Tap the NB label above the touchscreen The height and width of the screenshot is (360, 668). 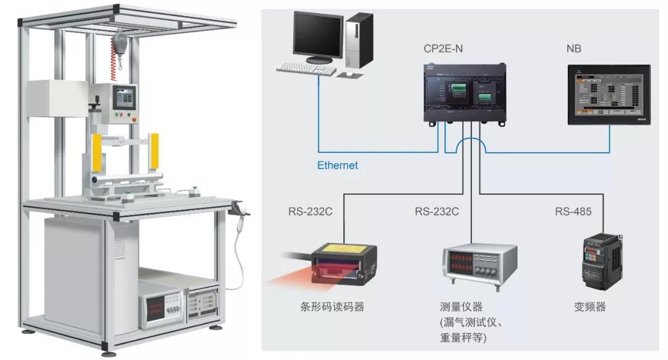tap(574, 49)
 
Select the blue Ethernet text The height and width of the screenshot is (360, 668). tap(337, 166)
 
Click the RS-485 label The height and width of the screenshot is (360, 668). tap(573, 212)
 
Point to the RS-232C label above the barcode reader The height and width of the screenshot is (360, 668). tap(310, 212)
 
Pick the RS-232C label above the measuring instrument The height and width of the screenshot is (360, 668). tap(437, 212)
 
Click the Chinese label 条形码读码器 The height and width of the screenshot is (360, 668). tap(327, 306)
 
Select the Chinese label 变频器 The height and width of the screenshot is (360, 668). tap(590, 306)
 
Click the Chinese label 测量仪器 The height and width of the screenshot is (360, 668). tap(461, 306)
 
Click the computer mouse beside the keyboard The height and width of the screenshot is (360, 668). tap(349, 74)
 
